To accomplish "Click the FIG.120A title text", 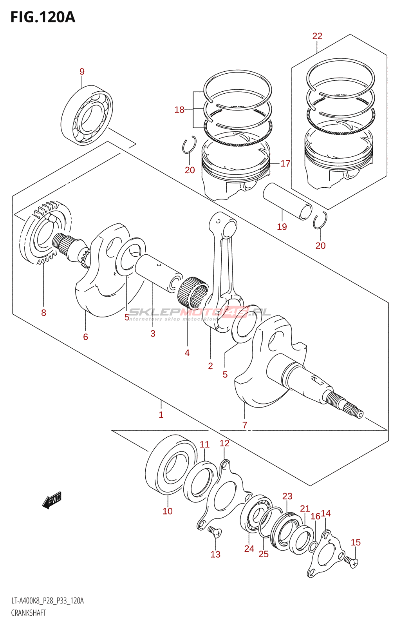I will point(42,17).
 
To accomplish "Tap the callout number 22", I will point(317,36).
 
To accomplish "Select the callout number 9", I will point(82,71).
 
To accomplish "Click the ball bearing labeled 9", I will point(87,115).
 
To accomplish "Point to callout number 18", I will point(179,110).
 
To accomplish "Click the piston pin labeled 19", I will point(287,202).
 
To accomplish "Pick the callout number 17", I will point(285,163).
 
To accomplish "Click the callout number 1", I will point(161,415).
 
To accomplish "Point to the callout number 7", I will point(245,425).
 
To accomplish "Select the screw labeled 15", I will point(352,563).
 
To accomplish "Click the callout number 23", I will point(287,496).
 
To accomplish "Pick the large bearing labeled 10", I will point(170,465).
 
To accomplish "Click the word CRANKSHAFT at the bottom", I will point(29,613).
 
